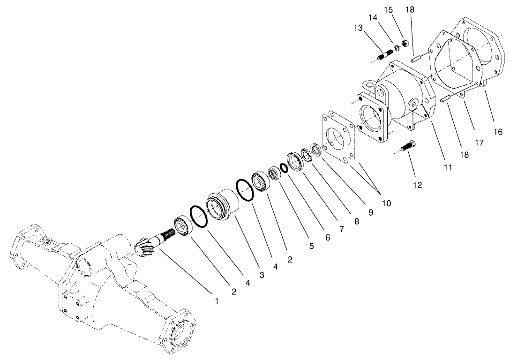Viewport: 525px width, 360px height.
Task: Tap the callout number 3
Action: [262, 275]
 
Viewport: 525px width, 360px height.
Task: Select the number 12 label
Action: [417, 185]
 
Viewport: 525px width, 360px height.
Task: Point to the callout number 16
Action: [498, 132]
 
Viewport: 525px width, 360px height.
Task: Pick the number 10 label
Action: [386, 203]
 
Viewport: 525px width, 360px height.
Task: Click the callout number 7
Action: [341, 229]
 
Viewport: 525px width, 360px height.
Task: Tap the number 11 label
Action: [448, 167]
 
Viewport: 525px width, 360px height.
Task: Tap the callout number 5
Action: [312, 245]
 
